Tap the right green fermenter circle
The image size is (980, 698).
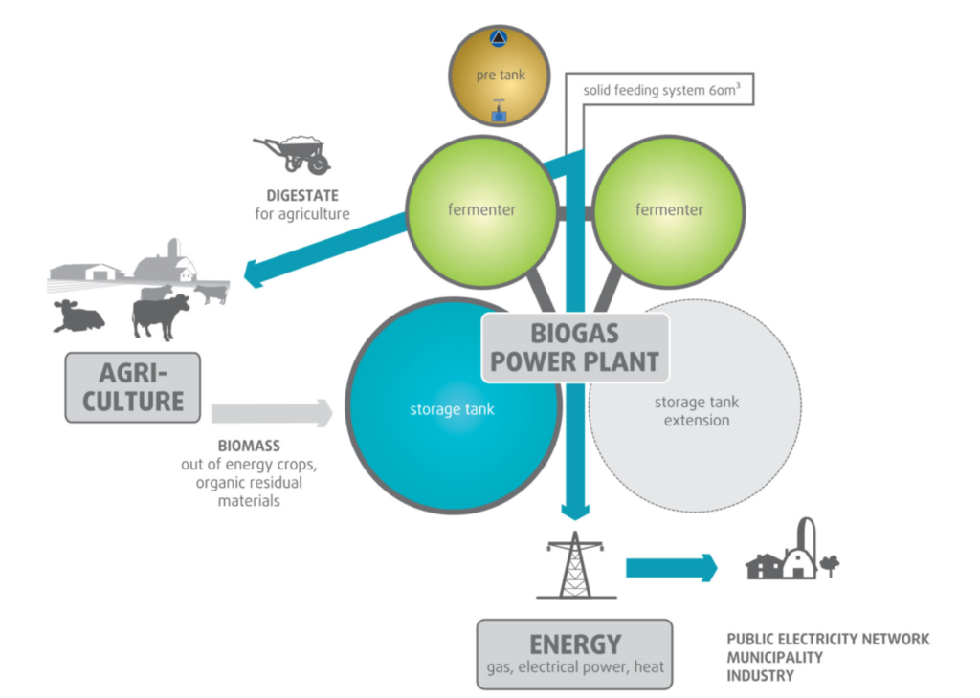(x=669, y=210)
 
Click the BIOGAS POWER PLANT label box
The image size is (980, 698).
(x=575, y=347)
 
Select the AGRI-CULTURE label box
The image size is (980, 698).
(x=132, y=387)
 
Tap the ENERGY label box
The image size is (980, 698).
(x=574, y=653)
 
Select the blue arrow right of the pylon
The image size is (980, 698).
(x=671, y=567)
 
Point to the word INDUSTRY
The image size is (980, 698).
(x=760, y=676)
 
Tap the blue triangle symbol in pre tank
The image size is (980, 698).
(x=498, y=39)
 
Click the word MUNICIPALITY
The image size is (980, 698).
(x=774, y=658)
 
